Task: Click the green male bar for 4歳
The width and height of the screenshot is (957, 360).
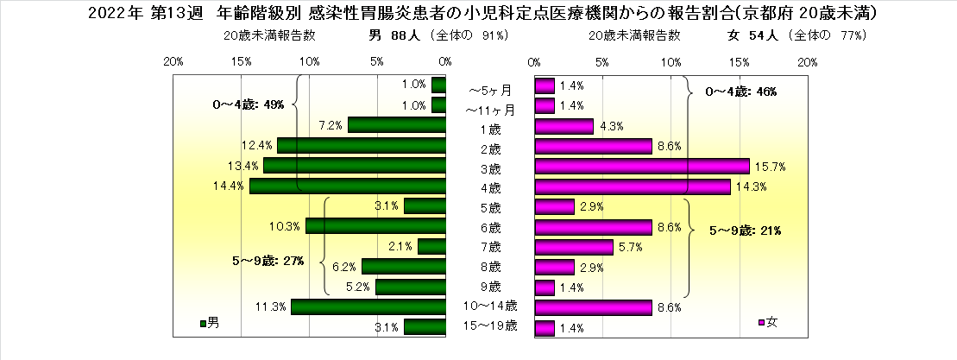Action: pyautogui.click(x=347, y=186)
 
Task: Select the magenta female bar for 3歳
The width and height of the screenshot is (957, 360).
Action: pyautogui.click(x=642, y=166)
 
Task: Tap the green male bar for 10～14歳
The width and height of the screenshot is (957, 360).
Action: pyautogui.click(x=368, y=306)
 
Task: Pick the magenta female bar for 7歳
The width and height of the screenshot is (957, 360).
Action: pyautogui.click(x=574, y=247)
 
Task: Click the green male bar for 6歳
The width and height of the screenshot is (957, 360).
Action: pyautogui.click(x=375, y=226)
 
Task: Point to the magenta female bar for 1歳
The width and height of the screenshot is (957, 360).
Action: pyautogui.click(x=564, y=126)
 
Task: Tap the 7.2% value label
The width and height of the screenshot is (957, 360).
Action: pyautogui.click(x=331, y=126)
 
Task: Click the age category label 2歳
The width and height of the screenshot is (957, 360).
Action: pyautogui.click(x=490, y=147)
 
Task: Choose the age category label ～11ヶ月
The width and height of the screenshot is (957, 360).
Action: pyautogui.click(x=490, y=110)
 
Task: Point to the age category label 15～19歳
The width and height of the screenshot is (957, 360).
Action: pyautogui.click(x=490, y=325)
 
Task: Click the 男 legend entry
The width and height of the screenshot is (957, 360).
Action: pyautogui.click(x=210, y=323)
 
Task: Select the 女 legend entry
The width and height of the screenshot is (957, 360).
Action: pyautogui.click(x=768, y=323)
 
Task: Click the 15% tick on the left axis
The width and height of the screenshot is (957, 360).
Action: pyautogui.click(x=242, y=62)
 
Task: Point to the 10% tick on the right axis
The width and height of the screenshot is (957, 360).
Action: pyautogui.click(x=671, y=62)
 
